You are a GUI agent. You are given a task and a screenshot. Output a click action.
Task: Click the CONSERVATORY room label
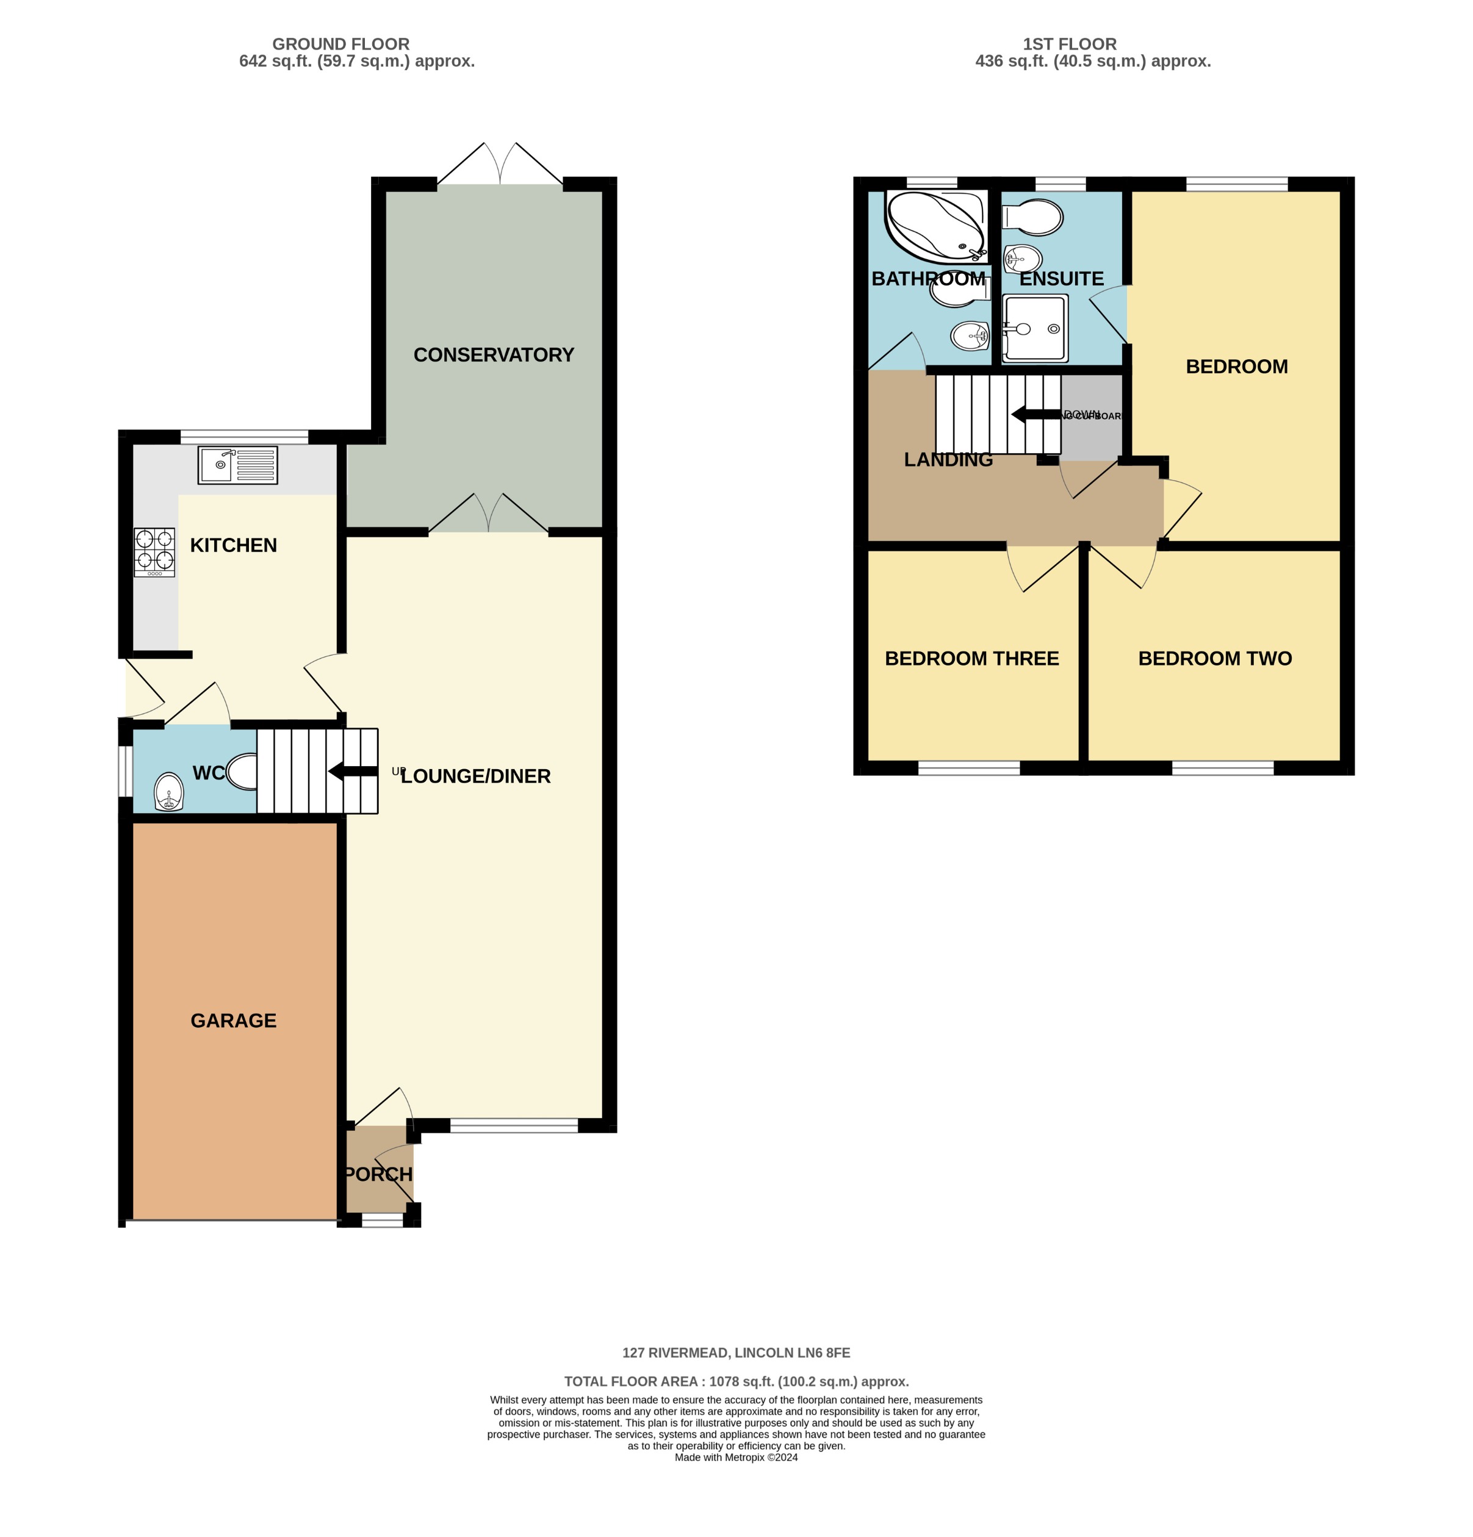(494, 354)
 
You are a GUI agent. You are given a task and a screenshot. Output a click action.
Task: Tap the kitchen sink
(237, 464)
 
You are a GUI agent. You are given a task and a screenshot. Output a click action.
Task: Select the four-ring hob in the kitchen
(154, 551)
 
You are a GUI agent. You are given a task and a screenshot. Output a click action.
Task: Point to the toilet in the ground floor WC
(242, 772)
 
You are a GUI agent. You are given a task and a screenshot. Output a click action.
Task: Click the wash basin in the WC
(168, 792)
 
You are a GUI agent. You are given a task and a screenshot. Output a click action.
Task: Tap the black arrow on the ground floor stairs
(352, 771)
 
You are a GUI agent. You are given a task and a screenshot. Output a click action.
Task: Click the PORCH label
(378, 1174)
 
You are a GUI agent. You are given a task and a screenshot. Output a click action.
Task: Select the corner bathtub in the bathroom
(934, 225)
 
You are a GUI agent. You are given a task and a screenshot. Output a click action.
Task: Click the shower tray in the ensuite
(1034, 328)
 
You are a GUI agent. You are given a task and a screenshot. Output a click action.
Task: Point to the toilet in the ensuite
(1033, 217)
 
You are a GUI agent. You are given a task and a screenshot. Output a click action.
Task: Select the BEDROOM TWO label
(1214, 658)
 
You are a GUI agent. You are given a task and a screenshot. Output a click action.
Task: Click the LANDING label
(948, 459)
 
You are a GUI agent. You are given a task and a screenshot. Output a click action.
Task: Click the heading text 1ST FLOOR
(1068, 44)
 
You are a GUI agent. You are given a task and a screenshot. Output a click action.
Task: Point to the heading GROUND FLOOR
(340, 44)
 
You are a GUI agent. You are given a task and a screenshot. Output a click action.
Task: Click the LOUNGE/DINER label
(475, 776)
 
